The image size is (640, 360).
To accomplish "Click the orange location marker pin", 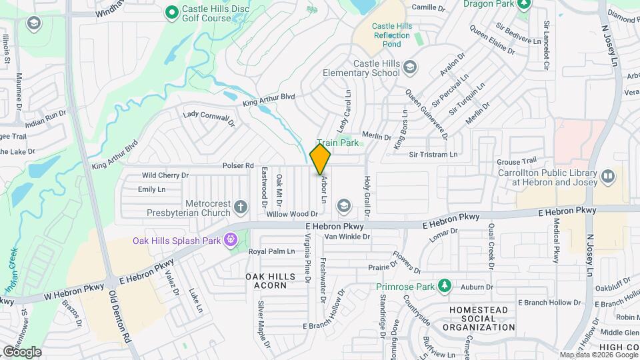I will click(x=321, y=159).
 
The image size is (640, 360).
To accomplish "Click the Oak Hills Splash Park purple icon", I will click(x=231, y=239).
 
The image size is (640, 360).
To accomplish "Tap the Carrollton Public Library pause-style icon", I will click(x=607, y=177).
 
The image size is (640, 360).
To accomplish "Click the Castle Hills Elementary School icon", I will click(x=410, y=67).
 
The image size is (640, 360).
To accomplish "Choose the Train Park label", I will click(x=338, y=143).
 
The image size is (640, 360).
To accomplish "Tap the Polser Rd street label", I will click(x=239, y=165).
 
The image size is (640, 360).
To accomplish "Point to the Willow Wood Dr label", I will click(x=291, y=214).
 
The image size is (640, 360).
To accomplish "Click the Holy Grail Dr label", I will click(x=366, y=197).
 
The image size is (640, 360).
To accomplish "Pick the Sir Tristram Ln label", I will click(x=433, y=154).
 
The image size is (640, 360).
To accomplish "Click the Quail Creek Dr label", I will click(x=491, y=246).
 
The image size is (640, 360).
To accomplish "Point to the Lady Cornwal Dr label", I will click(x=209, y=118).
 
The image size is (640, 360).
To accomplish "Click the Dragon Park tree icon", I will click(x=524, y=4).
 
